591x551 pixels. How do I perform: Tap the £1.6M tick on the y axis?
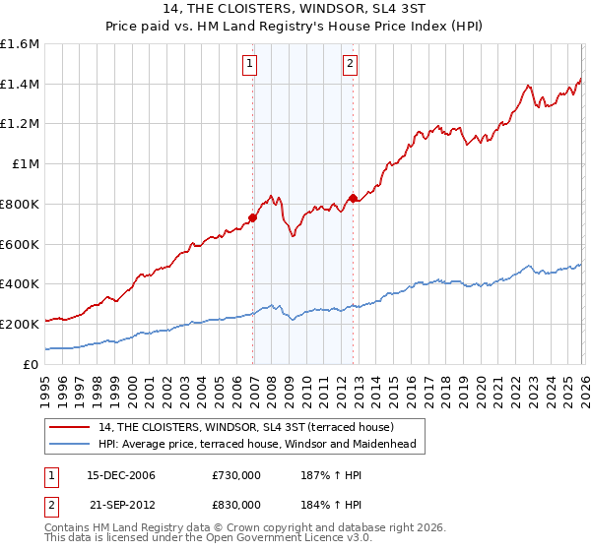click(x=20, y=44)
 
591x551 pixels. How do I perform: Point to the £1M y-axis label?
click(x=24, y=164)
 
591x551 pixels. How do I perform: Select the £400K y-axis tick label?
click(x=20, y=284)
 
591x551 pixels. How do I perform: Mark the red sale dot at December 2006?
click(x=253, y=217)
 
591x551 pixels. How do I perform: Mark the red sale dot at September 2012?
click(x=353, y=198)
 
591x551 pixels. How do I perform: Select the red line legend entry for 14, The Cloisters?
click(x=245, y=427)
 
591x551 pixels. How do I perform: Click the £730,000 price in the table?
click(x=235, y=475)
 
